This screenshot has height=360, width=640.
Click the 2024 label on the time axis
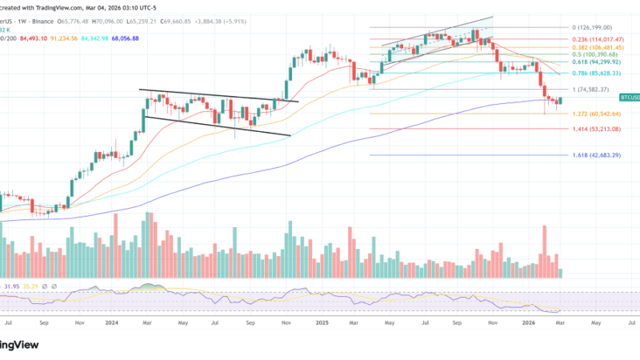111,323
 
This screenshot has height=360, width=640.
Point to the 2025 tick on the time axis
322,323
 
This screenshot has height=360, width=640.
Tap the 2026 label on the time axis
529,323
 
